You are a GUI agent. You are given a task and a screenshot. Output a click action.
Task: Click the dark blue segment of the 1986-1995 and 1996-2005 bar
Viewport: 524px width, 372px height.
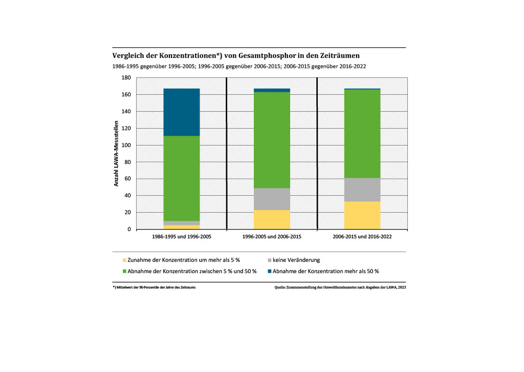coord(182,112)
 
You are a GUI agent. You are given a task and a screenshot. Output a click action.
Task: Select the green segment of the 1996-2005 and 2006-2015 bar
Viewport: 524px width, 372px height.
coord(272,140)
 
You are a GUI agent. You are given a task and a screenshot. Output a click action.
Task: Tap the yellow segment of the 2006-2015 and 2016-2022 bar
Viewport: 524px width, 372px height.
coord(362,215)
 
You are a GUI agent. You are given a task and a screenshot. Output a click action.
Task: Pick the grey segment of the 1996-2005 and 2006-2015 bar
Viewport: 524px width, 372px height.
coord(272,199)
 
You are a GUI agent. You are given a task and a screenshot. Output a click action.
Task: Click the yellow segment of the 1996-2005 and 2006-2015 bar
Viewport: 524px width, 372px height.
coord(272,219)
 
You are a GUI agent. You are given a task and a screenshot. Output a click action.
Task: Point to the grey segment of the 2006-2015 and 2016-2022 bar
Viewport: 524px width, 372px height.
coord(362,190)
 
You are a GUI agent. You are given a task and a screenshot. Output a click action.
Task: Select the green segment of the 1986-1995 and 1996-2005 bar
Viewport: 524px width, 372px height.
coord(182,178)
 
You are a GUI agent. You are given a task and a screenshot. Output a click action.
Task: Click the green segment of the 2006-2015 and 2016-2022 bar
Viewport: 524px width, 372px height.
coord(362,134)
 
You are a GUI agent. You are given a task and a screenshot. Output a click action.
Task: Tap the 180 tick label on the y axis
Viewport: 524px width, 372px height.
coord(126,78)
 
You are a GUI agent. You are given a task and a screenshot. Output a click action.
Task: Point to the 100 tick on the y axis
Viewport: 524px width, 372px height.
coord(126,145)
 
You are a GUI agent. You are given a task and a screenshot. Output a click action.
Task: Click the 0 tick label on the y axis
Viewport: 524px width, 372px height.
coord(129,230)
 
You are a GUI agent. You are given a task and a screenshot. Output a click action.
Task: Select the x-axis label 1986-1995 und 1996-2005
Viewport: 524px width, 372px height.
coord(182,238)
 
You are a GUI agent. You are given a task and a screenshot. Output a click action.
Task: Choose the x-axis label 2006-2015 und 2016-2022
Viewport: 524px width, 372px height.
coord(362,238)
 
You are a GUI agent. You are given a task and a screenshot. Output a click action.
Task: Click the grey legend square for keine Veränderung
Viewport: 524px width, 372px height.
coord(269,260)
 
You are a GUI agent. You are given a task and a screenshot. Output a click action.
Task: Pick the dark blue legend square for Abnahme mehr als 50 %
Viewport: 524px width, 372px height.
coord(269,271)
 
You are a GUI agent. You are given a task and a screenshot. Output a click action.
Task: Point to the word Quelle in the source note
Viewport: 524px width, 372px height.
coord(280,288)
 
